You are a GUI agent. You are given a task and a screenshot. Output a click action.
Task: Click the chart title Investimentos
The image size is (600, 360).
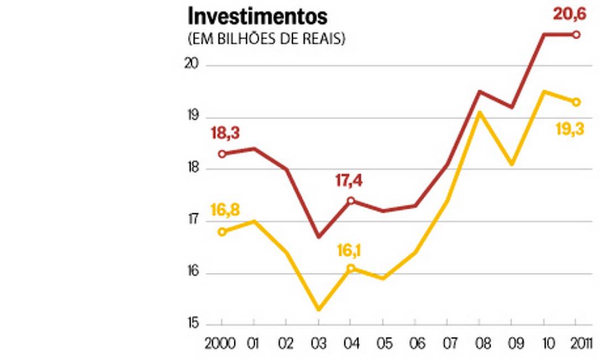[257, 17]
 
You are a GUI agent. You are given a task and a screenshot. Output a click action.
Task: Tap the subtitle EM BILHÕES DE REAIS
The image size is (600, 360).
[267, 40]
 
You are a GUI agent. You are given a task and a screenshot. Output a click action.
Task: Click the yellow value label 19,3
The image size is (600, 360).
[569, 131]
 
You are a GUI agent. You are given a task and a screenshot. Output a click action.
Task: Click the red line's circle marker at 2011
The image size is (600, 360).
[576, 34]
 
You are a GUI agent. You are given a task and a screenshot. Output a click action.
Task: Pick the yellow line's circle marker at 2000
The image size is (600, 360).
[222, 232]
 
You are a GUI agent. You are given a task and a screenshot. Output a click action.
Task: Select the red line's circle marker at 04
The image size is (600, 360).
[350, 200]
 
